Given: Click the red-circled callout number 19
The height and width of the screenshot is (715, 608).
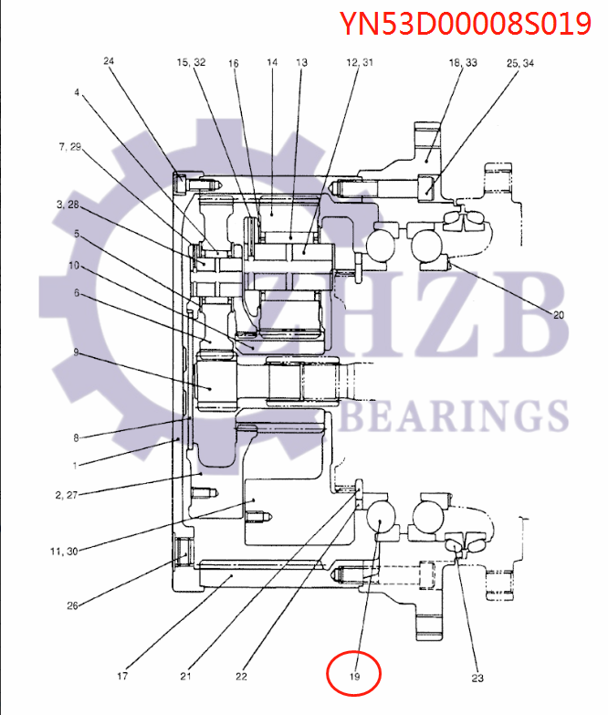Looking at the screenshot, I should pos(354,677).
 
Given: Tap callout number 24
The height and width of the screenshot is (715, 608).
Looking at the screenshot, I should pos(109,62).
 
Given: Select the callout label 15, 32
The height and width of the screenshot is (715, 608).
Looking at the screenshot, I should pos(191,62).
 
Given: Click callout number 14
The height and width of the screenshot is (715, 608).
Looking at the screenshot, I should pos(272,62).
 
